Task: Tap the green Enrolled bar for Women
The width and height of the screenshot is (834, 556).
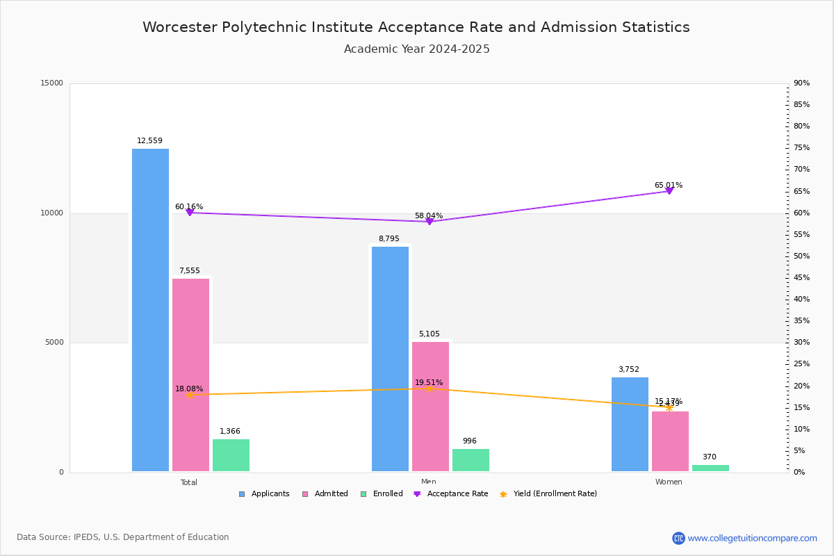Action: coord(710,468)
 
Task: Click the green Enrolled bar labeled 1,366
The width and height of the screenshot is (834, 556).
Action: coord(231,455)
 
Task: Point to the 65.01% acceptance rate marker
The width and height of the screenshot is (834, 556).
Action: coord(669,190)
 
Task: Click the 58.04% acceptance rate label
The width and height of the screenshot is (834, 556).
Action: coord(429,215)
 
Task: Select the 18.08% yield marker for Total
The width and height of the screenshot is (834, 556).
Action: coord(189,395)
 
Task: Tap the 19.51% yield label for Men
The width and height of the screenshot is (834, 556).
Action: coord(429,382)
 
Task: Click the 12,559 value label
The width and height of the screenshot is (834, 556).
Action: coord(149,141)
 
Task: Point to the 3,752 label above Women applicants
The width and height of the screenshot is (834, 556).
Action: coord(628,370)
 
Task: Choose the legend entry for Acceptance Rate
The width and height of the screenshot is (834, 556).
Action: coord(451,494)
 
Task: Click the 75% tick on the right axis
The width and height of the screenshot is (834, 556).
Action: coord(801,148)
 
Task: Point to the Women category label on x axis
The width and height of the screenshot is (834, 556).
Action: coord(669,482)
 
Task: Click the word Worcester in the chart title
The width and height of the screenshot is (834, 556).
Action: coord(179,27)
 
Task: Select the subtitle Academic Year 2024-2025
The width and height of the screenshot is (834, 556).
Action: coord(417,49)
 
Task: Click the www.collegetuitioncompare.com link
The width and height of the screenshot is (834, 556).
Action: coord(752,538)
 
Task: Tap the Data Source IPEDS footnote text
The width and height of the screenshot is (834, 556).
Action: coord(123,537)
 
